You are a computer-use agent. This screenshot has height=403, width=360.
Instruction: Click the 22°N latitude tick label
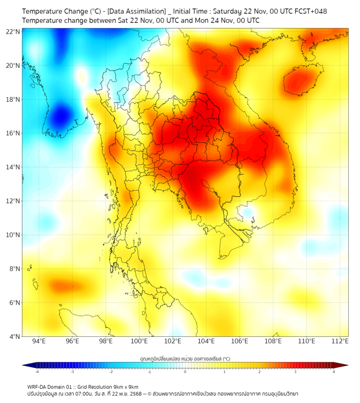coord(13,31)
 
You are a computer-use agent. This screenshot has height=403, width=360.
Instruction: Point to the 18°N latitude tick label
coord(13,99)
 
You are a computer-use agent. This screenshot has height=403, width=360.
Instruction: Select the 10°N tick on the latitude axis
coord(13,235)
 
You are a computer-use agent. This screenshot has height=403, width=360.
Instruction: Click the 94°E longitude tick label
coord(39,341)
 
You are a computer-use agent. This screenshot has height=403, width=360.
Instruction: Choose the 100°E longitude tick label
coord(139,341)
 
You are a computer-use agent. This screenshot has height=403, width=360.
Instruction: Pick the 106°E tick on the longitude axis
coord(240,341)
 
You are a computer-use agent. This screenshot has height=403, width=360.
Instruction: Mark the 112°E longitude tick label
coord(340,341)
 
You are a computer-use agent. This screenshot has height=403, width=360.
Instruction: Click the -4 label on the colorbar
coord(37,372)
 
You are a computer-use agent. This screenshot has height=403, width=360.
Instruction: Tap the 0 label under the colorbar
coord(185,372)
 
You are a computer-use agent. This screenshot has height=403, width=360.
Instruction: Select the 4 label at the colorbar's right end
coord(334,372)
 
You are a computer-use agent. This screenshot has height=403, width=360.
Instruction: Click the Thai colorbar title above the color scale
coord(185,358)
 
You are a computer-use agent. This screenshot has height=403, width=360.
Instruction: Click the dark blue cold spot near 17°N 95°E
coord(61,115)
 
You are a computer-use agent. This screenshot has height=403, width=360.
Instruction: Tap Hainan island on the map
coord(301,80)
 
